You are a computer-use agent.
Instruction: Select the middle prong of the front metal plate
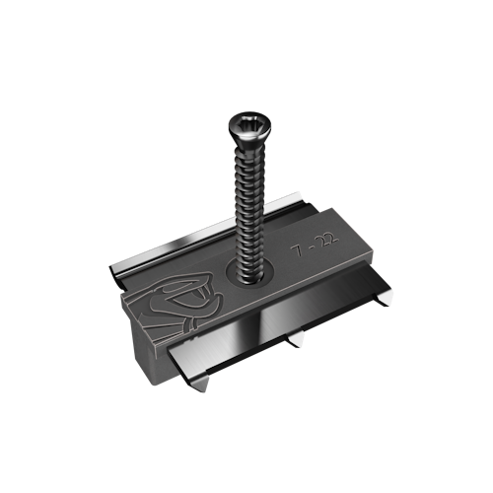(295, 341)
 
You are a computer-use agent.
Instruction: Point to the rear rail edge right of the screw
(286, 211)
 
